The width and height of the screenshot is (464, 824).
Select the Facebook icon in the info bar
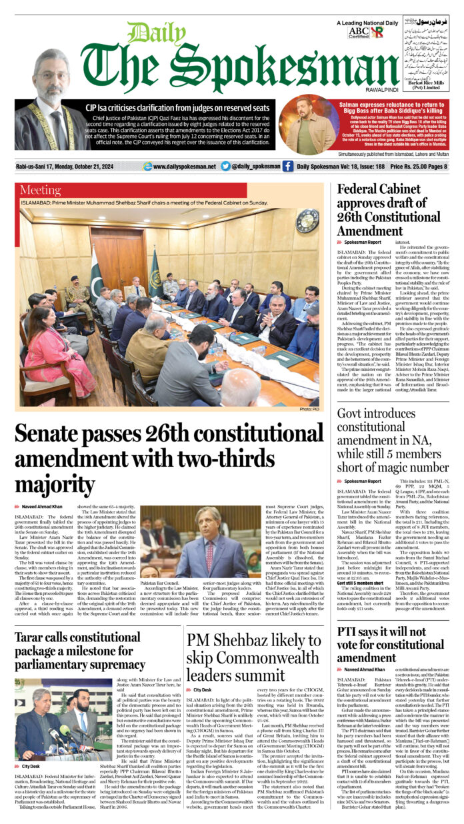tap(287, 167)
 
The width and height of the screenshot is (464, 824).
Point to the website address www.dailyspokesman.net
tap(184, 167)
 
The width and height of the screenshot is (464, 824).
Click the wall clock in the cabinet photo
tap(307, 220)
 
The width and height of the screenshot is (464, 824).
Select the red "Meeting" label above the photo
tap(41, 191)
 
